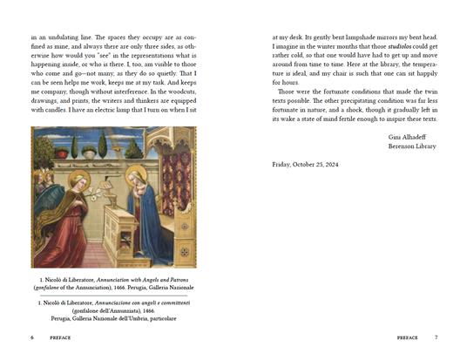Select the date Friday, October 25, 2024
tap(305, 165)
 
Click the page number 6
tap(31, 336)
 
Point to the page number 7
tap(436, 336)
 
